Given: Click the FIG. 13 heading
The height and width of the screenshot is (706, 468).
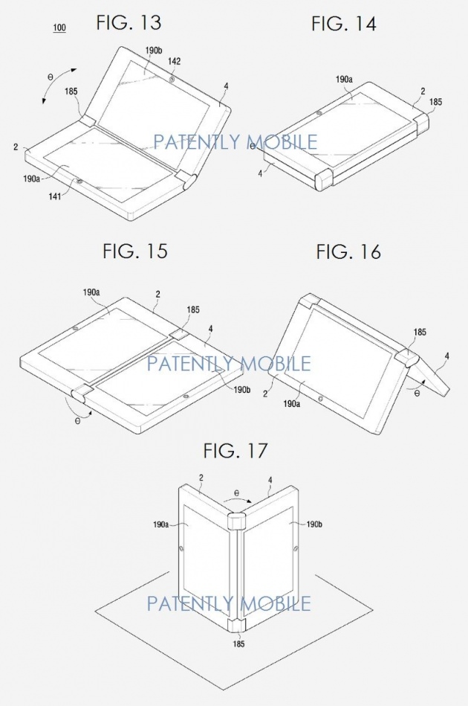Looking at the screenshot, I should [x=129, y=23].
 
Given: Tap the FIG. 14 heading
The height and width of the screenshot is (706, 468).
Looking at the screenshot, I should [x=343, y=24].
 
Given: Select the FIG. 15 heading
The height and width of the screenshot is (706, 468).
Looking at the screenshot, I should [x=135, y=251].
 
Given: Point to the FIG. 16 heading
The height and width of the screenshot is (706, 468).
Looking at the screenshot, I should [x=348, y=251].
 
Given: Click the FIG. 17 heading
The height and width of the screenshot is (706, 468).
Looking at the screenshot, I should [x=235, y=450].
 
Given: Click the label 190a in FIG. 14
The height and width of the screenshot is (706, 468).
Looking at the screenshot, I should [x=343, y=78].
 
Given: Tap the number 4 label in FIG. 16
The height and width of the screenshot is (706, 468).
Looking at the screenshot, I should [x=447, y=357].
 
